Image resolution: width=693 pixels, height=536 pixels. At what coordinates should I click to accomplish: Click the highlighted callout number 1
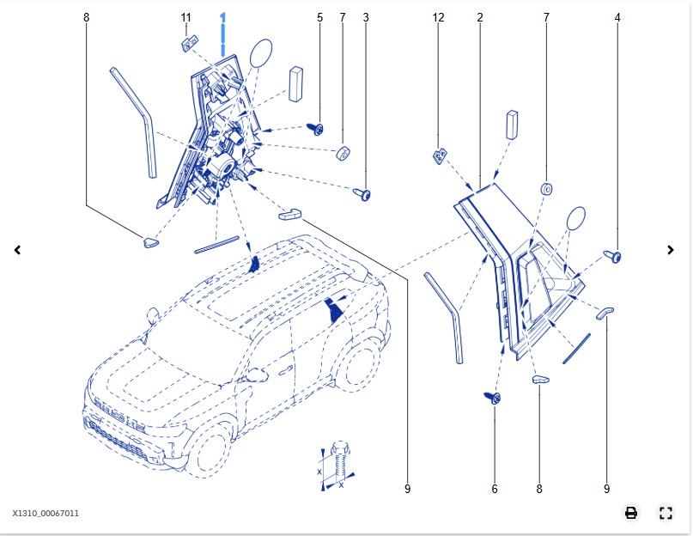click(x=222, y=18)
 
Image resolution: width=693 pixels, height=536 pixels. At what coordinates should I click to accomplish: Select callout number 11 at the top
click(x=185, y=18)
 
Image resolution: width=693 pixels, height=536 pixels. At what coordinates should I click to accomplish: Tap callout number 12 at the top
click(x=438, y=18)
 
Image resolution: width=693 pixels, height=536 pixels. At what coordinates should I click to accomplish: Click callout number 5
click(x=319, y=18)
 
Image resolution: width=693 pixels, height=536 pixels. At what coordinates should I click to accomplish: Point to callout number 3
click(x=366, y=18)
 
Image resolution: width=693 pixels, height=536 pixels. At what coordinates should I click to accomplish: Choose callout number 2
click(x=480, y=18)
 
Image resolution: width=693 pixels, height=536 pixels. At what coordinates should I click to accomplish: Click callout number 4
click(x=617, y=18)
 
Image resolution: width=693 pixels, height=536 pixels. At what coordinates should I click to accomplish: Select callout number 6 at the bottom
click(x=495, y=489)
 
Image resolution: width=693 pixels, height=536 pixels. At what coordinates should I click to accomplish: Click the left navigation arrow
click(x=17, y=250)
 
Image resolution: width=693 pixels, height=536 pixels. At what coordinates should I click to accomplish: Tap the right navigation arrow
click(x=671, y=250)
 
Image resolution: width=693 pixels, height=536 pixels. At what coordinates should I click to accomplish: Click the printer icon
click(x=630, y=513)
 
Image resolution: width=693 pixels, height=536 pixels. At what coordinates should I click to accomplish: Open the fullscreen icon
click(x=666, y=513)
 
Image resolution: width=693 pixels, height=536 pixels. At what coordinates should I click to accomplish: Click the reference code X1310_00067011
click(x=46, y=514)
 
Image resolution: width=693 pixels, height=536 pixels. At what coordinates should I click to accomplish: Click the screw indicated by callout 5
click(x=315, y=129)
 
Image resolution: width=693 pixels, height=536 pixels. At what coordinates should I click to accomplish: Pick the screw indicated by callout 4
click(x=613, y=257)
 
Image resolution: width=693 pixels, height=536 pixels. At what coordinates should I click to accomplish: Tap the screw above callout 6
click(x=492, y=398)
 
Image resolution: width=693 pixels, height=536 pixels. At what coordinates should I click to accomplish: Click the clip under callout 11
click(x=190, y=44)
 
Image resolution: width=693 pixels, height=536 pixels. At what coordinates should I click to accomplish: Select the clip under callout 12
click(x=440, y=156)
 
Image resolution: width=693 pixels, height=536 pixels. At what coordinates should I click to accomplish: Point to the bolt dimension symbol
click(x=337, y=466)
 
